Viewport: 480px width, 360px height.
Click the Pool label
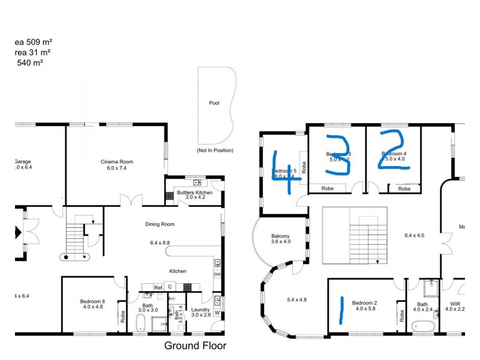click(x=214, y=103)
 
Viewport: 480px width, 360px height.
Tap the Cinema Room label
click(x=116, y=161)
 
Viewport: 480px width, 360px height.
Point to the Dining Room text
click(x=160, y=224)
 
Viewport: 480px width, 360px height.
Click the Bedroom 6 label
click(x=92, y=302)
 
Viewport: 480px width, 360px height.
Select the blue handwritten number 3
click(x=338, y=154)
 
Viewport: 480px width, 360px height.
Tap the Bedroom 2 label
click(x=365, y=303)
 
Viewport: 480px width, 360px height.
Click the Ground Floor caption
click(x=195, y=346)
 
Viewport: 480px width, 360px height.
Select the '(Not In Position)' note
click(x=215, y=150)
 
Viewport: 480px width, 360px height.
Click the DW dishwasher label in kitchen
click(x=217, y=275)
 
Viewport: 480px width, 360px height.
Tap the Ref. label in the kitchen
click(x=158, y=287)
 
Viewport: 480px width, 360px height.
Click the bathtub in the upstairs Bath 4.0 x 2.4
click(x=424, y=327)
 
